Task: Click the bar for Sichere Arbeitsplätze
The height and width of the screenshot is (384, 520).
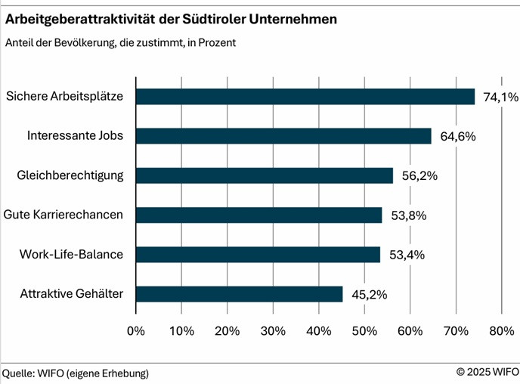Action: [x=305, y=97]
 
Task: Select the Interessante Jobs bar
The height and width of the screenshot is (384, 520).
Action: [x=283, y=136]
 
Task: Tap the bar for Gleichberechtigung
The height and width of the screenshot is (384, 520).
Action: [x=265, y=175]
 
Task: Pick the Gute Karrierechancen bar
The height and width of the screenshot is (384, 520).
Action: [x=258, y=215]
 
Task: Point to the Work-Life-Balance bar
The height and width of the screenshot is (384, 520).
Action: [x=258, y=255]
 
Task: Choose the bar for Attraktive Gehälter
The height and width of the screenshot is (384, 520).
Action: [x=239, y=294]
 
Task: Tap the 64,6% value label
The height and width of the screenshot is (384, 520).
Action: [x=454, y=136]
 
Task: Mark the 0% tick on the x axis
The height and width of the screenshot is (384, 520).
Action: [x=136, y=330]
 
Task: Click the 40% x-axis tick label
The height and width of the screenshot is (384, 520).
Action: [x=318, y=330]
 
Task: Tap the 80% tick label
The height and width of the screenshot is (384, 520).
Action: [x=501, y=330]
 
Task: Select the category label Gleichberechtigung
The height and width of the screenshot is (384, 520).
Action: [x=70, y=175]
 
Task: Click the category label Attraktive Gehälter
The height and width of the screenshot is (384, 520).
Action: [x=72, y=294]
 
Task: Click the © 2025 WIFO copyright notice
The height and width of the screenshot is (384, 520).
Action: [x=487, y=372]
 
